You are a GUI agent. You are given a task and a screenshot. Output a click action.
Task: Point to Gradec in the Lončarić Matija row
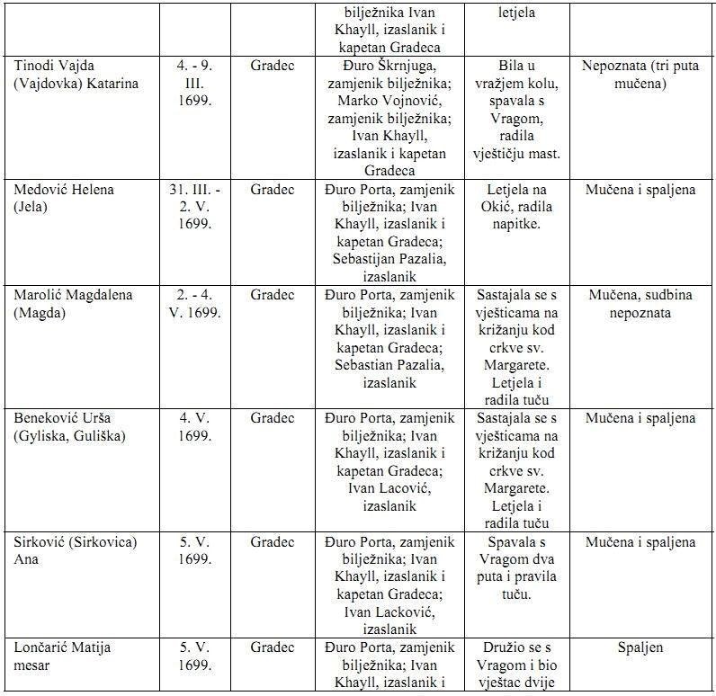coord(273,647)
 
